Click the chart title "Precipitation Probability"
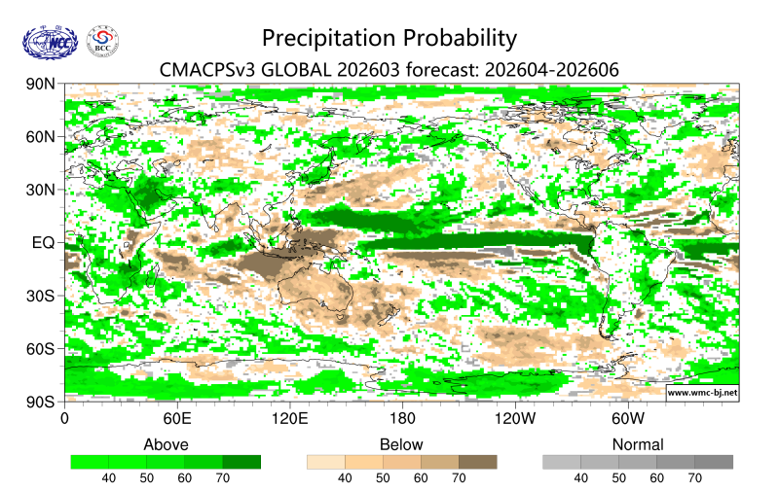(x=389, y=38)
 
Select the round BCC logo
(x=104, y=41)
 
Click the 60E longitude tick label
(x=176, y=419)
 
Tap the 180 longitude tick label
(x=402, y=419)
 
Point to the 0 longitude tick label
(x=64, y=419)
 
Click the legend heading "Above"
(x=166, y=444)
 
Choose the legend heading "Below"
(x=401, y=444)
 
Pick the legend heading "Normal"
(x=638, y=444)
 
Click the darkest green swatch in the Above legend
(x=241, y=462)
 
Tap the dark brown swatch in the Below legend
(x=477, y=462)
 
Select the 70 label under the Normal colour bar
(x=694, y=478)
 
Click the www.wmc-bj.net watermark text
(x=701, y=393)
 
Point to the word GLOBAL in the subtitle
(x=296, y=69)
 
